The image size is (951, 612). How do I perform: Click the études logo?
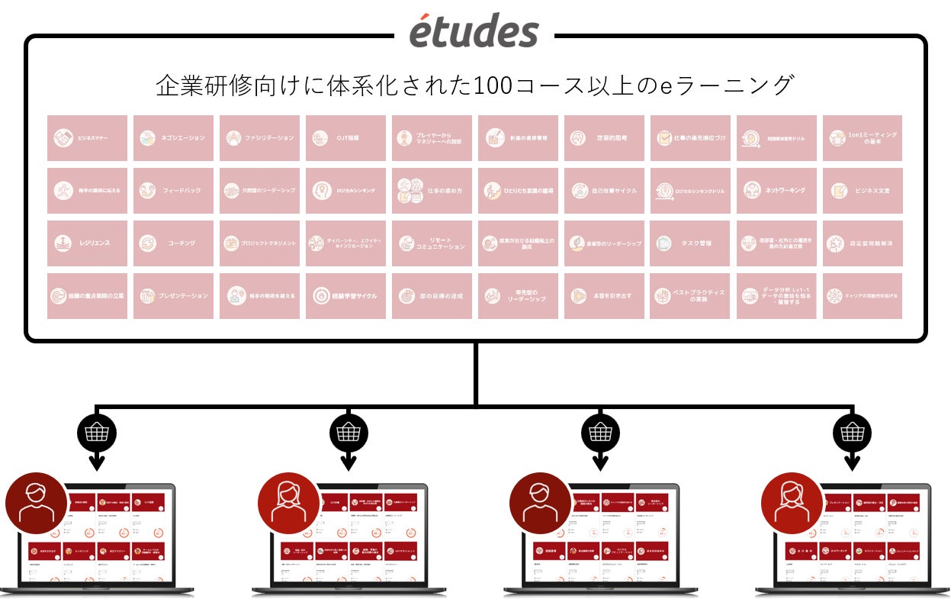(474, 31)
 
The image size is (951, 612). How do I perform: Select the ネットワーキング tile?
(776, 191)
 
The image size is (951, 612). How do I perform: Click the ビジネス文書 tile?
(863, 191)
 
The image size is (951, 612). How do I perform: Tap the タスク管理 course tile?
(690, 243)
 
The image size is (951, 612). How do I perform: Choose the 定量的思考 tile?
(604, 138)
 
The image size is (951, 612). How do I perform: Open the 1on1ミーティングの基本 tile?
(863, 138)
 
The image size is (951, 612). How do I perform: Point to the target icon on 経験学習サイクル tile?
(321, 296)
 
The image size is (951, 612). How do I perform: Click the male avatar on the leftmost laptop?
(36, 503)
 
